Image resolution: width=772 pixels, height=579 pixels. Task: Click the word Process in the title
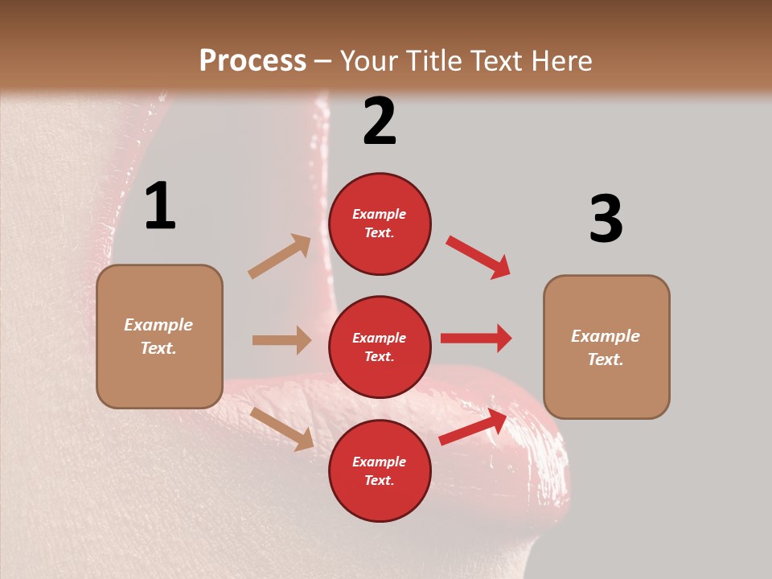coord(253,61)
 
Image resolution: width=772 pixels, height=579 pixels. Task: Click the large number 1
coord(160,207)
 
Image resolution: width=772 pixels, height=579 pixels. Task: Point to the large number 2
coord(380,121)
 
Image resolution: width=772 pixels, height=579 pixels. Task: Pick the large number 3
coord(606,219)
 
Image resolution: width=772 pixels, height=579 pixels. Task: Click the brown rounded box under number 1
coord(159,336)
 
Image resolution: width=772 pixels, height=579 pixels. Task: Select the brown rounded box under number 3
coord(606,347)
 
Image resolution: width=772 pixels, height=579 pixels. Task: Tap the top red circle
coord(380,224)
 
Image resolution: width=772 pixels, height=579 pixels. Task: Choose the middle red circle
coord(380,347)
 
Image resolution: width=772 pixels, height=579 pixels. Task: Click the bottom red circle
coord(380,470)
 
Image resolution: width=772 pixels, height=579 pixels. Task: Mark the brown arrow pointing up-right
coord(280,256)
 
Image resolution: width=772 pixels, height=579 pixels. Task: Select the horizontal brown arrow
coord(281,340)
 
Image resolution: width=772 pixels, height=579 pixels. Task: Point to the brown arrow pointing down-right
coord(281,429)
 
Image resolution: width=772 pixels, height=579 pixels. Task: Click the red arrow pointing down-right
coord(478,257)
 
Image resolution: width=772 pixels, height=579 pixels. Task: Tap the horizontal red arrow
coord(476,338)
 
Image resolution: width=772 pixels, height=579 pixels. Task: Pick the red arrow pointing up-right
coord(474,427)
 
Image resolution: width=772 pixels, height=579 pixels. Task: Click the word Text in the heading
coord(497,61)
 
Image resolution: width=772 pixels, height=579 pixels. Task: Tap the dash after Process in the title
coord(323,61)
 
